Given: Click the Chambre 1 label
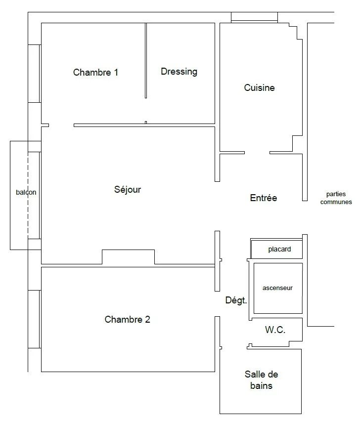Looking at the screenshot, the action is tap(95, 72).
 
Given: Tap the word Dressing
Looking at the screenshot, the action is tap(179, 72).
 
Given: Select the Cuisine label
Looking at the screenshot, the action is tap(259, 87).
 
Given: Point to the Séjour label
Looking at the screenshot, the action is tap(128, 190).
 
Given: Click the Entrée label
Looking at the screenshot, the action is tap(263, 198).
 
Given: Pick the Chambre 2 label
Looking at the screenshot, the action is tap(127, 319).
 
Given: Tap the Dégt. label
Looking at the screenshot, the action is tap(236, 300).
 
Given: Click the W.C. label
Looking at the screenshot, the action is tap(275, 330).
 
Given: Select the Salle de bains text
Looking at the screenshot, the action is tap(261, 380).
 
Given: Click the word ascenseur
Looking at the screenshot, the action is tap(277, 288).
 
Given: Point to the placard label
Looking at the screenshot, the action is tap(279, 250).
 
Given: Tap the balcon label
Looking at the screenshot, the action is tap(26, 192).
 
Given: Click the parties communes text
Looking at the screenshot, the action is tap(336, 198).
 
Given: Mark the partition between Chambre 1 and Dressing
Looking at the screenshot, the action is tap(146, 61).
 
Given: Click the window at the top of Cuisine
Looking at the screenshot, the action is tap(254, 17).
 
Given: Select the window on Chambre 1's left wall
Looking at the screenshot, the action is tap(35, 74).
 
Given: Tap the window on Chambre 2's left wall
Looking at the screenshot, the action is tap(35, 319).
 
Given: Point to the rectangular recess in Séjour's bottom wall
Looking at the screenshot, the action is tap(129, 257).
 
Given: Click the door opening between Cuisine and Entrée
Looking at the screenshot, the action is tap(257, 153).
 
